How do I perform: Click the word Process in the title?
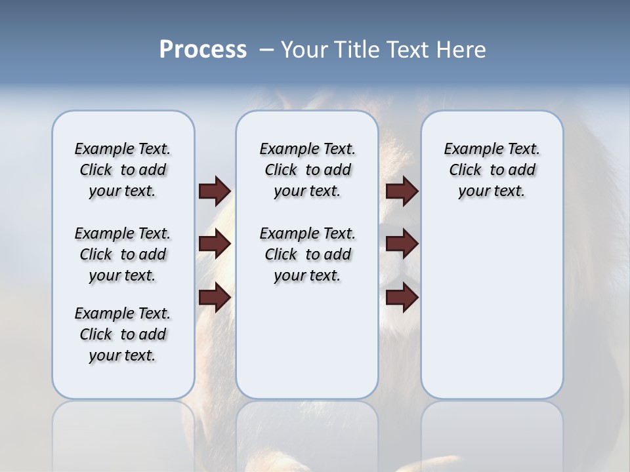(203, 50)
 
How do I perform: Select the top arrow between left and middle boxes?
(215, 191)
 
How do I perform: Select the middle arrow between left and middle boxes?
(215, 244)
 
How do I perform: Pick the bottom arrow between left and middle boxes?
(215, 298)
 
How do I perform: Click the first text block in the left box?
(123, 170)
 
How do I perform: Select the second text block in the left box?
(123, 254)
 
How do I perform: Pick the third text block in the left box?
(123, 334)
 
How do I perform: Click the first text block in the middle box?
(307, 170)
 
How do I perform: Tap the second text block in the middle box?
(307, 254)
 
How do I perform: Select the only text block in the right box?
(492, 170)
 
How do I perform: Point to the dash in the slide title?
(266, 50)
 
